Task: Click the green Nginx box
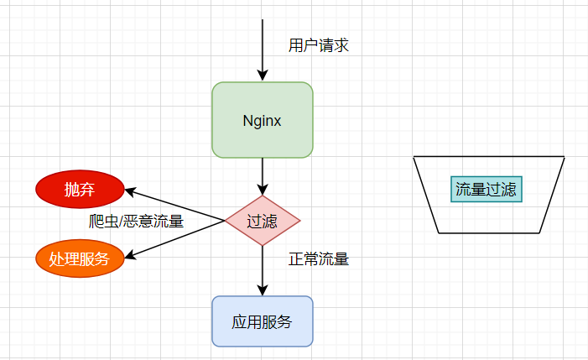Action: (x=263, y=120)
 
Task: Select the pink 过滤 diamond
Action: (x=263, y=222)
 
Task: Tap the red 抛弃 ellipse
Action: (x=80, y=190)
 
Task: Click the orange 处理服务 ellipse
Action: (x=80, y=258)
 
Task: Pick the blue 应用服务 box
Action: (x=263, y=321)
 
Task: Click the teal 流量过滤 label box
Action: (x=487, y=189)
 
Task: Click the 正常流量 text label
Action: (x=319, y=259)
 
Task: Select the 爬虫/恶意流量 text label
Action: (x=136, y=222)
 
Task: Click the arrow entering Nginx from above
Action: (x=263, y=46)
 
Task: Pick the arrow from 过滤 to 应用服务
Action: (x=263, y=269)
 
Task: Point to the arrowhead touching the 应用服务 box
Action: (x=263, y=290)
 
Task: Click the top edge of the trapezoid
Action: (x=489, y=157)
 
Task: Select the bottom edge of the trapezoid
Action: (x=489, y=232)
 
